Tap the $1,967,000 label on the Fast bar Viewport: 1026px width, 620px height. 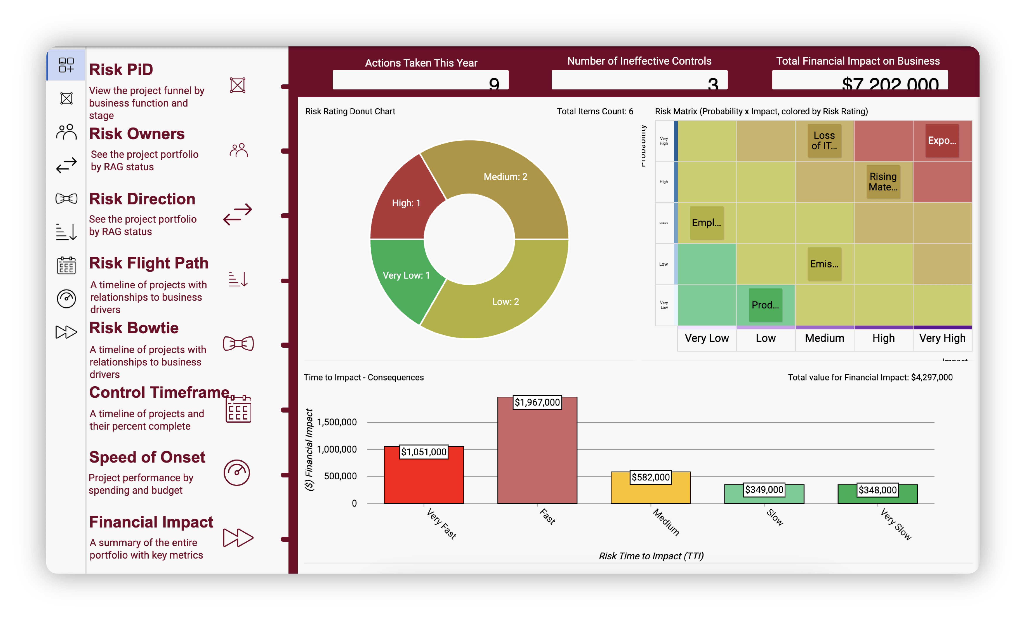pyautogui.click(x=537, y=402)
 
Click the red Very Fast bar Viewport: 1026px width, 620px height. pyautogui.click(x=424, y=479)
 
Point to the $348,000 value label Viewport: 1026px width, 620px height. pyautogui.click(x=877, y=490)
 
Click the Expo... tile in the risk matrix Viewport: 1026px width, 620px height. pyautogui.click(x=942, y=141)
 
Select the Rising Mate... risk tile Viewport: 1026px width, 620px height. pyautogui.click(x=883, y=182)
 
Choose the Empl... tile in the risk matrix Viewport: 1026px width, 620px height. pyautogui.click(x=707, y=223)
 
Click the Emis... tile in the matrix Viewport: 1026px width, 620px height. pyautogui.click(x=824, y=264)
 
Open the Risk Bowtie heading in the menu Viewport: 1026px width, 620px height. pyautogui.click(x=134, y=328)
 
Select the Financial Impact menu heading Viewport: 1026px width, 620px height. pyautogui.click(x=151, y=522)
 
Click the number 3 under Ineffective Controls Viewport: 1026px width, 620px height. pyautogui.click(x=713, y=84)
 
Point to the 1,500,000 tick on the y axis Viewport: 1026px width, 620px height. pyautogui.click(x=337, y=422)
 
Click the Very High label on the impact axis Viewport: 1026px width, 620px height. pyautogui.click(x=942, y=338)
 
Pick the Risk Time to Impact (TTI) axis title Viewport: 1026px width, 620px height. pyautogui.click(x=651, y=556)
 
